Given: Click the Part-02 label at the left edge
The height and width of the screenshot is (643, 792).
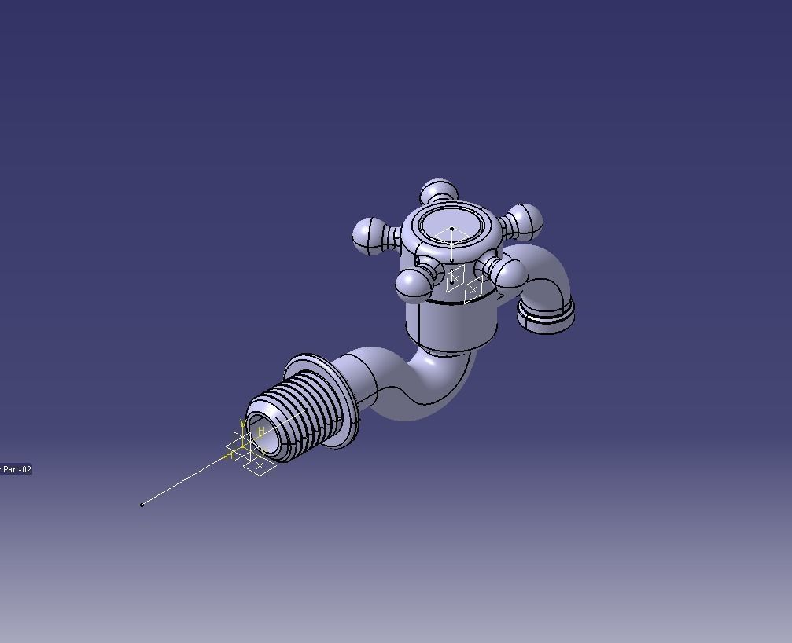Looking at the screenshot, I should [17, 469].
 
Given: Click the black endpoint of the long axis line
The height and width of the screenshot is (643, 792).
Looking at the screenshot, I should [142, 505].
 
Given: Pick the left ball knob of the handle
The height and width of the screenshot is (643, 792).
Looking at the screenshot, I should [368, 235].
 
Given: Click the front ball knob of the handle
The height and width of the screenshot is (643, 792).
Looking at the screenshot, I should [413, 284].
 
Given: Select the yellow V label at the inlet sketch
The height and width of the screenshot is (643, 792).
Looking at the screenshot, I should [244, 424].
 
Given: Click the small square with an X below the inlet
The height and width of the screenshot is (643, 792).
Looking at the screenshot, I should [259, 466].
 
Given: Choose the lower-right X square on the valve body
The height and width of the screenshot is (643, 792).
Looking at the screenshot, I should [473, 290].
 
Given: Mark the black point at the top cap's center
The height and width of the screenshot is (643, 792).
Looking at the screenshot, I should [451, 229].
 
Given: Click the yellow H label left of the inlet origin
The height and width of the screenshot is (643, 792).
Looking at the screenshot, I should [229, 456].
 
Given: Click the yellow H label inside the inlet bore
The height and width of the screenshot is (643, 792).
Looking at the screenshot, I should [261, 432].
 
